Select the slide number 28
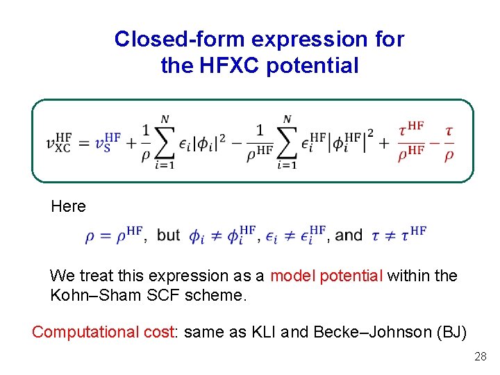click(480, 357)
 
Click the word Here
click(68, 206)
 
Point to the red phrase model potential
click(326, 276)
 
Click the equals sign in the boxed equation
click(85, 142)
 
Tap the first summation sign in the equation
click(165, 142)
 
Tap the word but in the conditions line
click(169, 235)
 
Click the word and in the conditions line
click(349, 235)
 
